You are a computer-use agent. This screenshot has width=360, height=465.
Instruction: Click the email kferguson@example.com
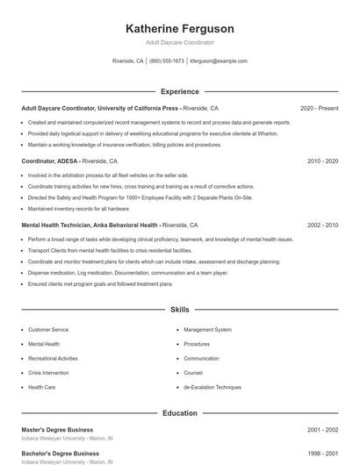(x=219, y=61)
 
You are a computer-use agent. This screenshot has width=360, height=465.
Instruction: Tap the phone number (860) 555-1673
(x=167, y=61)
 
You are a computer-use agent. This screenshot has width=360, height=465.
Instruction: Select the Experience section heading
(x=180, y=91)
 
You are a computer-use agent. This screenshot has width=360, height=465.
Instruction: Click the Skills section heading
(x=180, y=310)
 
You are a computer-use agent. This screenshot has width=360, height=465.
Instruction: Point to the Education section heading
(x=180, y=412)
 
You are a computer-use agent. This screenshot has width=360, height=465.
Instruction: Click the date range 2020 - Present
(x=319, y=108)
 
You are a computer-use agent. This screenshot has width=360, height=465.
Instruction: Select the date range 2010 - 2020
(x=322, y=161)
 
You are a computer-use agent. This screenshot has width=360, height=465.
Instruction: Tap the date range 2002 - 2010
(x=322, y=225)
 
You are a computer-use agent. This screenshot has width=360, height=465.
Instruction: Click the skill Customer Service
(x=48, y=330)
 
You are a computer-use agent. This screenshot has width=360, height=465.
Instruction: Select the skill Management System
(x=207, y=330)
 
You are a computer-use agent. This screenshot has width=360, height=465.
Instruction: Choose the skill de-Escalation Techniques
(x=212, y=387)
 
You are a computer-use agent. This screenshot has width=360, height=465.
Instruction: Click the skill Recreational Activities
(x=53, y=358)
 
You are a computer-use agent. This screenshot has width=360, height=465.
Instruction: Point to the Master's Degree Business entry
(x=56, y=430)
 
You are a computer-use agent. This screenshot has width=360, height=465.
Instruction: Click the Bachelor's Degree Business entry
(x=58, y=454)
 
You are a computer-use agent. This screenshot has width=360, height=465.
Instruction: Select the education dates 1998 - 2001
(x=322, y=454)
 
